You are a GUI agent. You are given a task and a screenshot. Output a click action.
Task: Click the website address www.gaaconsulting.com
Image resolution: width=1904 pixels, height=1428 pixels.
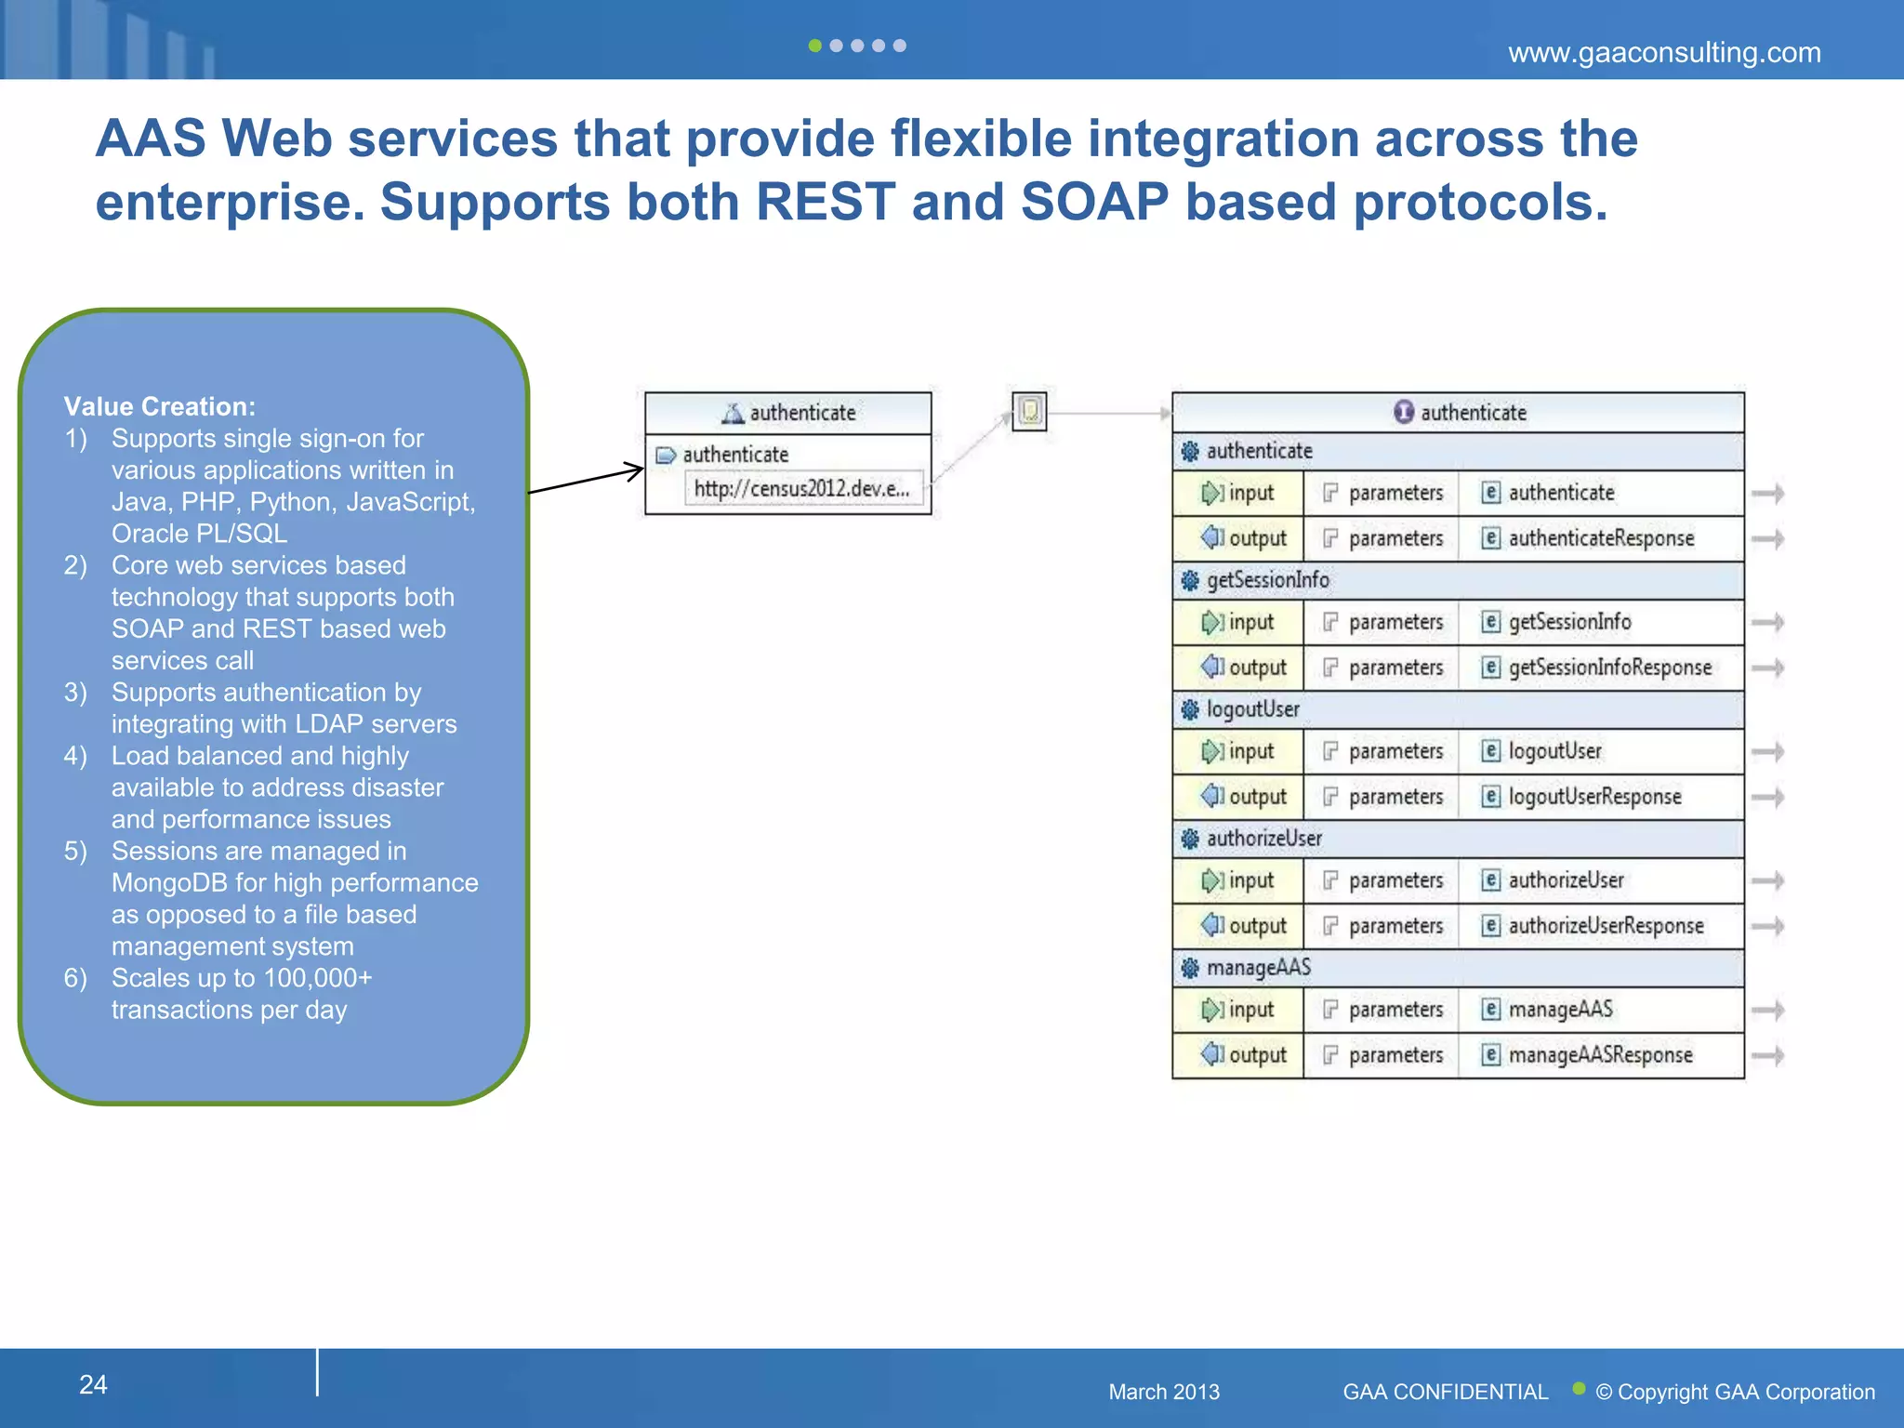click(x=1663, y=53)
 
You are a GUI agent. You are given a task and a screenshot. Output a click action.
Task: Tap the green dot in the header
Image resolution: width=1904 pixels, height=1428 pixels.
click(x=814, y=46)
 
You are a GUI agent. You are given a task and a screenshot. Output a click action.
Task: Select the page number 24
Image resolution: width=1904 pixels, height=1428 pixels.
click(x=93, y=1384)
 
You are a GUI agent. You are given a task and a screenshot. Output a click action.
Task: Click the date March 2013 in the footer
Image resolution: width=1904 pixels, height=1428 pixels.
click(x=1163, y=1392)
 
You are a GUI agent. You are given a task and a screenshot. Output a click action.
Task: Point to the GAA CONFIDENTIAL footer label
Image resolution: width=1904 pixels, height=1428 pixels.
click(x=1445, y=1392)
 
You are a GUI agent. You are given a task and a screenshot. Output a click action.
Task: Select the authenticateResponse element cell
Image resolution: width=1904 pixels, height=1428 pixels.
click(x=1600, y=538)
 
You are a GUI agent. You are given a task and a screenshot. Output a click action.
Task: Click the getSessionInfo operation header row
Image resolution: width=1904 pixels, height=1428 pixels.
click(x=1457, y=580)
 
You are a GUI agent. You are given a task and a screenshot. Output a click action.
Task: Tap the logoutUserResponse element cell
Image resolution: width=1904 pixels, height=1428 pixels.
click(x=1593, y=797)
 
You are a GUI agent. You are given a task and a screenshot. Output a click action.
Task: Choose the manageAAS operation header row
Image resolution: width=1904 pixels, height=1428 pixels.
click(x=1457, y=968)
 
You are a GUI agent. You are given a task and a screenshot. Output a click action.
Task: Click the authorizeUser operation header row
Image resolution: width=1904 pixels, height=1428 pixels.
click(x=1457, y=839)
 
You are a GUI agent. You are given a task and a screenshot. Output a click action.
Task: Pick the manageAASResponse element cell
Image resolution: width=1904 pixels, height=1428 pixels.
click(x=1599, y=1055)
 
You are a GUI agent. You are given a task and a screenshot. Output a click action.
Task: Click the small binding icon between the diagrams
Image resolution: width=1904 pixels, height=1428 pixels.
click(x=1029, y=411)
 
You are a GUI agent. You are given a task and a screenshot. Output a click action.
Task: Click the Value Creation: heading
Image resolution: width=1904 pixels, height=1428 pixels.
click(x=159, y=406)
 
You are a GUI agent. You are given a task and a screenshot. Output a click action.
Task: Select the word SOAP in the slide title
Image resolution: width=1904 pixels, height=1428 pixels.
click(x=1094, y=202)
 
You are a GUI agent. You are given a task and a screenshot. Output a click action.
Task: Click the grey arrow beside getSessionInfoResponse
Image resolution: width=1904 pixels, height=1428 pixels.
click(x=1766, y=668)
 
